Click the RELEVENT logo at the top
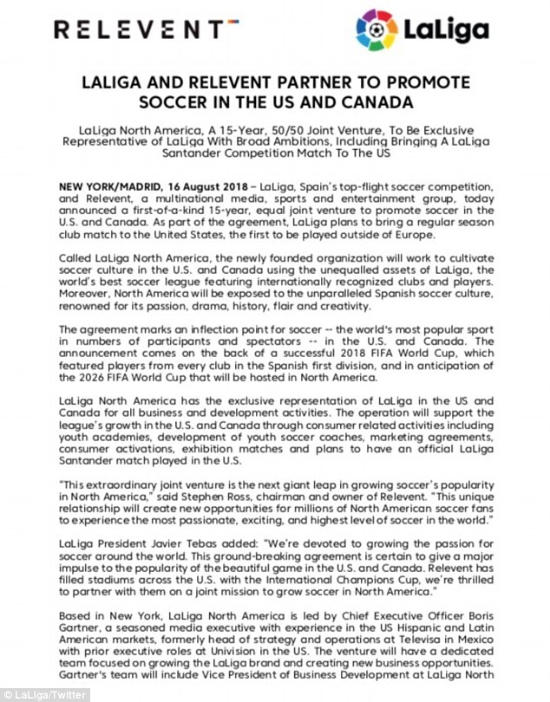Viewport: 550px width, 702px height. point(144,32)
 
